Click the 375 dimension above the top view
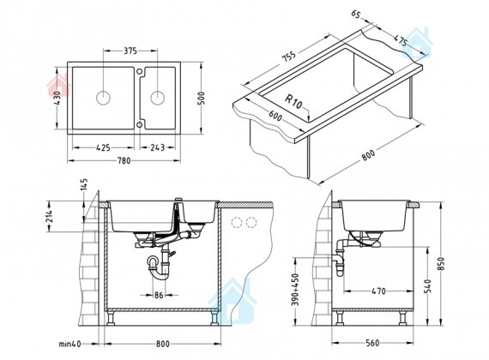pos(130,51)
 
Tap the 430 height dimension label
pos(57,98)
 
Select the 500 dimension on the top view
pos(202,99)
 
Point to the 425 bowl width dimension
pos(103,147)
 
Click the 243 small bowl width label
pos(157,147)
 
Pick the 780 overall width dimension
pos(124,160)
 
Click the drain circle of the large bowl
pos(103,98)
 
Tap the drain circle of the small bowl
pos(158,98)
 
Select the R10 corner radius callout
pos(294,102)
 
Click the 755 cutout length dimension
pos(289,57)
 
